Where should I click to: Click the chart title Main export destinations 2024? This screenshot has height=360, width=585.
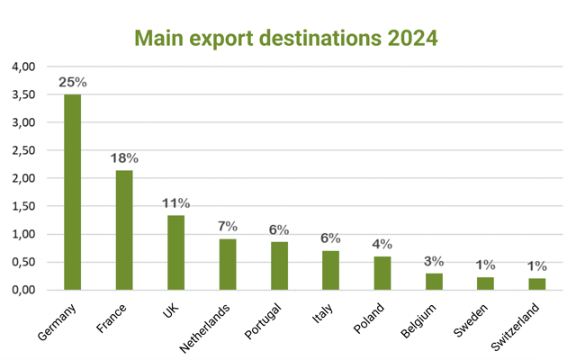[285, 38]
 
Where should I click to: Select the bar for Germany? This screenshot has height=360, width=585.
[72, 192]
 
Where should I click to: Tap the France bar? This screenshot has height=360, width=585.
[123, 229]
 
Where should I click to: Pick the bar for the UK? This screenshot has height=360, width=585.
[175, 252]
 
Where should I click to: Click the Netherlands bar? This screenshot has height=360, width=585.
[227, 264]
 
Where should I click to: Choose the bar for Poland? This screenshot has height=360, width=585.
[382, 273]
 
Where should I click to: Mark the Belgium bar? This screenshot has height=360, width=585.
[434, 281]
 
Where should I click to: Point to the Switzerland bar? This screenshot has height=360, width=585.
[537, 283]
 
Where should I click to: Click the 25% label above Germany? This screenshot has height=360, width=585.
[73, 82]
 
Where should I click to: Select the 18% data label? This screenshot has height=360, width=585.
[124, 158]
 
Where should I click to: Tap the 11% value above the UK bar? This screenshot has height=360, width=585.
[175, 202]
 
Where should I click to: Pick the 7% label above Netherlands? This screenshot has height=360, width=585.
[227, 226]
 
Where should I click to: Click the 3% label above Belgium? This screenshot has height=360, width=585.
[434, 261]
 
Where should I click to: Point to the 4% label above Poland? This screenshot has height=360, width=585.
[382, 244]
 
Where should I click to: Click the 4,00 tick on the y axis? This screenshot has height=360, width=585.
[23, 67]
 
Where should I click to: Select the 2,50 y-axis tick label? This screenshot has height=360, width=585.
[23, 150]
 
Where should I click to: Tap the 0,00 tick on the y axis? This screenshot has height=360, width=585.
[23, 290]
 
